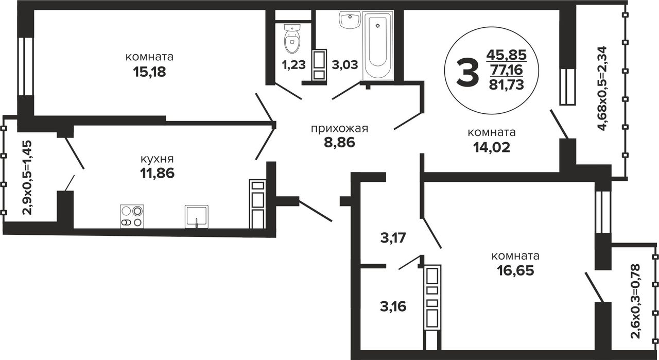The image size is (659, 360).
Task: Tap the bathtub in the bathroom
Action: pos(378,45)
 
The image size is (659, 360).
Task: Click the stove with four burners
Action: pos(132,216)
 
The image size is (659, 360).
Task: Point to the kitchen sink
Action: pos(197,217)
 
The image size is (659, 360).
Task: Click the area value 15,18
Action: pos(149,72)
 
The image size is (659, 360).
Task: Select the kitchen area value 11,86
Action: pos(157,173)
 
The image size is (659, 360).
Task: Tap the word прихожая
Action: pos(339,129)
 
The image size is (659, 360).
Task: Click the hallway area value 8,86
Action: pos(339,143)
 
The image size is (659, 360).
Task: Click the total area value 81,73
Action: pos(507,85)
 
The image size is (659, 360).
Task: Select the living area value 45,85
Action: pos(507,55)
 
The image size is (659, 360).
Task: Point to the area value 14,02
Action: pos(492,147)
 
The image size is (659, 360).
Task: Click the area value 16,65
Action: pos(515,270)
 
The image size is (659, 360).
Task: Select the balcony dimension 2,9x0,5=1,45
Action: pos(27,178)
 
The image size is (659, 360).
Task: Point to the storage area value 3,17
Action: pos(393,238)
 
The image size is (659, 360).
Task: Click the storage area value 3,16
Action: pos(393,307)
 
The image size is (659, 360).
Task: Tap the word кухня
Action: pos(157,159)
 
